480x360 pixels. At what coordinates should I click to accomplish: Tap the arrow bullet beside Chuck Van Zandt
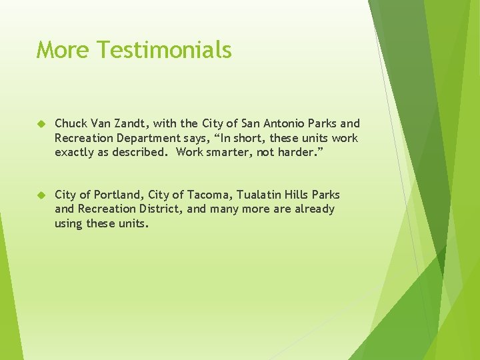pos(41,123)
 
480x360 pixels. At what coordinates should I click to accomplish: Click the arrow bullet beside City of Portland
pos(41,195)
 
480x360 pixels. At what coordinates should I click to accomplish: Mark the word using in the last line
pos(69,224)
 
